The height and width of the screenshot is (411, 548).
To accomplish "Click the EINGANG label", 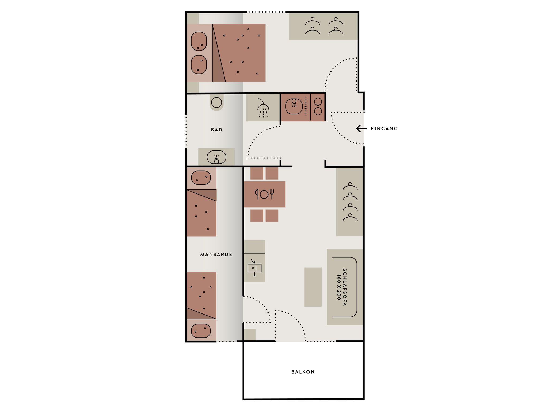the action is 384,129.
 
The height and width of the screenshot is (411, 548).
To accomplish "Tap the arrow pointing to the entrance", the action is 361,129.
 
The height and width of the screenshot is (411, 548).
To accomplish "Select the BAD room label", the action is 217,130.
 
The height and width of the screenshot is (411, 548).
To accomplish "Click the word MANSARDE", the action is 216,254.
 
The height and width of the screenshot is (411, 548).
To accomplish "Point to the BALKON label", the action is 303,372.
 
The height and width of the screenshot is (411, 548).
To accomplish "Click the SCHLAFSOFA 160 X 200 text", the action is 342,287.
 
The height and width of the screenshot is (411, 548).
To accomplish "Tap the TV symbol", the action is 254,267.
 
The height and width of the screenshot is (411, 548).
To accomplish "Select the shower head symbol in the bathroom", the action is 263,108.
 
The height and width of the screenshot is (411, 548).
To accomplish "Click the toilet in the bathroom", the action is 216,103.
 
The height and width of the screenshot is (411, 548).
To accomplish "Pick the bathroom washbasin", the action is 216,157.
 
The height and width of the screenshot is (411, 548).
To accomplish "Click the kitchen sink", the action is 294,106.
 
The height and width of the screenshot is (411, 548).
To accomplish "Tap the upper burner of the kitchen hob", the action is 318,102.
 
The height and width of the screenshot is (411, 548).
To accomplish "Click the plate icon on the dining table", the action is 264,195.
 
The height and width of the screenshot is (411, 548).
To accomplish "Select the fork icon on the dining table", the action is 272,194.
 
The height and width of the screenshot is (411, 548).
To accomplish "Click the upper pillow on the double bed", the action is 199,41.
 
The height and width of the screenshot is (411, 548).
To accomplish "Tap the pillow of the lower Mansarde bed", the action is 201,331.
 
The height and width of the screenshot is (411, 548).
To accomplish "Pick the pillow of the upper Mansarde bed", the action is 201,178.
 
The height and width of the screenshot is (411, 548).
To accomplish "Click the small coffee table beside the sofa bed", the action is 313,287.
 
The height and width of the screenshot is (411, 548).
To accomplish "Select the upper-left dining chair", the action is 257,173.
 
